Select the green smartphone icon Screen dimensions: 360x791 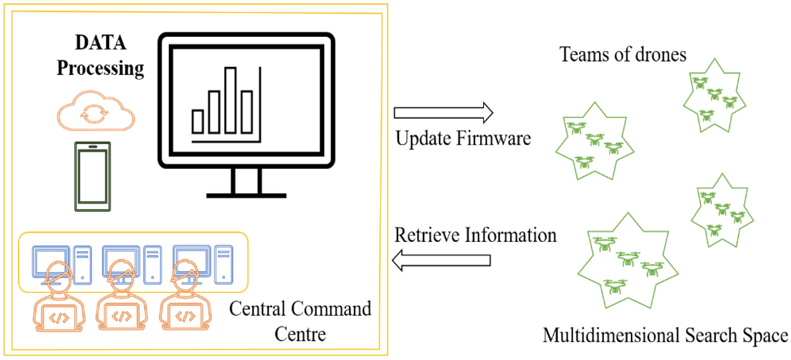point(92,177)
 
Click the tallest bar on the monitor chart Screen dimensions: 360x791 point(231,100)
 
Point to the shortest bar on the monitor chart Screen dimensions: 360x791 point(198,121)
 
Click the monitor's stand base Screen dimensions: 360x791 point(245,195)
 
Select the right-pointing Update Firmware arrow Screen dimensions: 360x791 point(443,111)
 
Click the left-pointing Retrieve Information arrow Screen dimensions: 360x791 point(443,261)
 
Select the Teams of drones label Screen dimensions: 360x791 point(623,55)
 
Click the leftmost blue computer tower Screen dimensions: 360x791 point(82,262)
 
